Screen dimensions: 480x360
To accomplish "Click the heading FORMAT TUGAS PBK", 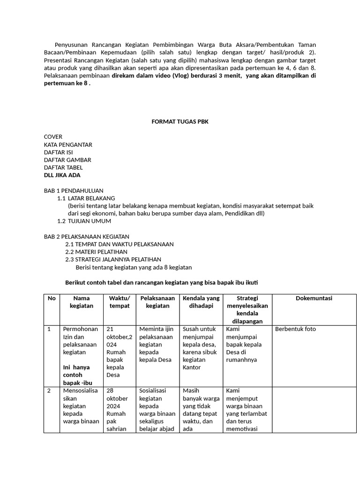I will [x=180, y=122].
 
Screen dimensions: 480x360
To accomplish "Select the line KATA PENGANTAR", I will [x=68, y=145].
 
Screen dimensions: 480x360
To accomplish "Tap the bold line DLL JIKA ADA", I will [x=62, y=175].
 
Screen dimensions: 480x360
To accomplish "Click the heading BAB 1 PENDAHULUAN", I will [x=73, y=191].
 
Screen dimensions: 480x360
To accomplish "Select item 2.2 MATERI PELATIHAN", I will [x=96, y=252].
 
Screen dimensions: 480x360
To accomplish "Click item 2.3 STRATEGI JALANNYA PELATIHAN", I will [x=113, y=259].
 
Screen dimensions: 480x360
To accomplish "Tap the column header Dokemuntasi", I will [x=314, y=298].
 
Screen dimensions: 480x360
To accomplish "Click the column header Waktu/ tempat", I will [x=119, y=302].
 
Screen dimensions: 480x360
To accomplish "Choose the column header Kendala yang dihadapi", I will [x=201, y=302].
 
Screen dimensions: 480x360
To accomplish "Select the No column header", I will [x=52, y=298].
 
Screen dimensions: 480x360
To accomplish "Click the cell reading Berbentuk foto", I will [x=295, y=329].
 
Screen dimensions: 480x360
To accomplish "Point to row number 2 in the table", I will [x=49, y=390].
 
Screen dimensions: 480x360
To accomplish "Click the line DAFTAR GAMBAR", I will [x=67, y=160].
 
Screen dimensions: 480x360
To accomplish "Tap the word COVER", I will [x=53, y=137].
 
